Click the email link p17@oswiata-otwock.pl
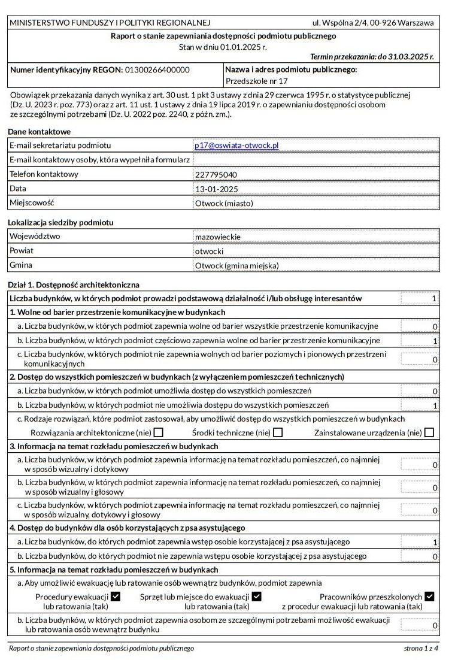coord(236,146)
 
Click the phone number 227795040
coord(216,175)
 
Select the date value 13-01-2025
coord(216,189)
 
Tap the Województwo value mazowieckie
coord(217,237)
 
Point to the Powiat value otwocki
coord(209,252)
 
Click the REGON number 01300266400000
coord(157,70)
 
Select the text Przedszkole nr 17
coord(256,81)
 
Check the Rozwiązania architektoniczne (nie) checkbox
coord(158,432)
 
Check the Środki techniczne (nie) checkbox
coord(278,432)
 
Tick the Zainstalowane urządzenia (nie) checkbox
coord(429,432)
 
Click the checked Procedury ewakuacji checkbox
coord(116,597)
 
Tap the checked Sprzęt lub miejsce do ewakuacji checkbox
coord(256,597)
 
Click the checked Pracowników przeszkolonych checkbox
coord(429,597)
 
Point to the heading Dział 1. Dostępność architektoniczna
coord(74,284)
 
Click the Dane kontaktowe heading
coord(39,132)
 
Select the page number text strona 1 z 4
coord(421,648)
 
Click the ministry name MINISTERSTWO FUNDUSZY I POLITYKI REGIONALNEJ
coord(110,23)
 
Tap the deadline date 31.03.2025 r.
coord(411,57)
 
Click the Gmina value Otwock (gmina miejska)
coord(237,266)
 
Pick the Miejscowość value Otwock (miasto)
coord(224,204)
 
